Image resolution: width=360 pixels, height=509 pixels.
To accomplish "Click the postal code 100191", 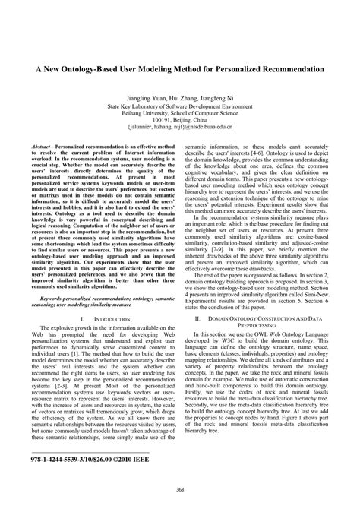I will click(162, 119).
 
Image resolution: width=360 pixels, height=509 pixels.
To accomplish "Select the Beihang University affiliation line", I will click(180, 110).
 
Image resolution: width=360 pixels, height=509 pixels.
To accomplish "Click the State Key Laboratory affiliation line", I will click(180, 103).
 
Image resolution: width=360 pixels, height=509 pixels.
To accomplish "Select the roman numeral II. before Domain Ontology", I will click(198, 342).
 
